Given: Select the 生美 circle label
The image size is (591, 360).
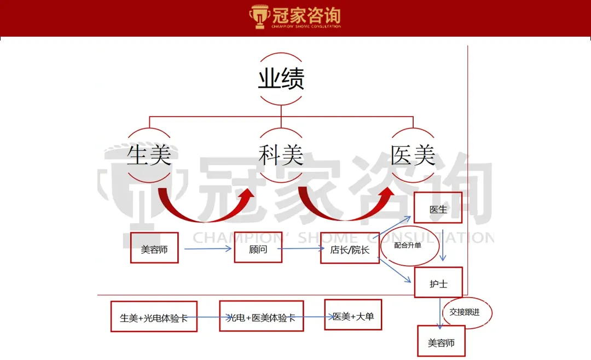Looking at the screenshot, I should click(x=149, y=155).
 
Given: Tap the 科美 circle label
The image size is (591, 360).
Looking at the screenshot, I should click(x=281, y=155).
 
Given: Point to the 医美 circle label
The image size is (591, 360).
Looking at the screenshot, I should click(x=413, y=155).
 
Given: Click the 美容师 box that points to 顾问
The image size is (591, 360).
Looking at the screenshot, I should click(x=154, y=249).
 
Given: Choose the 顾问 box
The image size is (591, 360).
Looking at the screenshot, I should click(x=258, y=249).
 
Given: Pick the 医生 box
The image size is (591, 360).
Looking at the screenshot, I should click(x=438, y=208).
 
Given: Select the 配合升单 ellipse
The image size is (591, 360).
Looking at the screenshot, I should click(x=409, y=246).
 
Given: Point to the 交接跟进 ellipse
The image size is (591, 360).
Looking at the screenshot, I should click(x=467, y=312).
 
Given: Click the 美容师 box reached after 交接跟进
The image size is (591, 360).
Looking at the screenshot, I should click(x=441, y=342).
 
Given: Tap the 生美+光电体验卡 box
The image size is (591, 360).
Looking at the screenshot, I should click(x=153, y=317).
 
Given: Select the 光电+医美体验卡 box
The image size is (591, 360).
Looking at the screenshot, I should click(x=261, y=316).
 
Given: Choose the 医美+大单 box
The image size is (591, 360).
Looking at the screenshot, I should click(x=353, y=315).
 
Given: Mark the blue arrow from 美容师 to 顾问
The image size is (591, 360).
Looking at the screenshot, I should click(x=208, y=249).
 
